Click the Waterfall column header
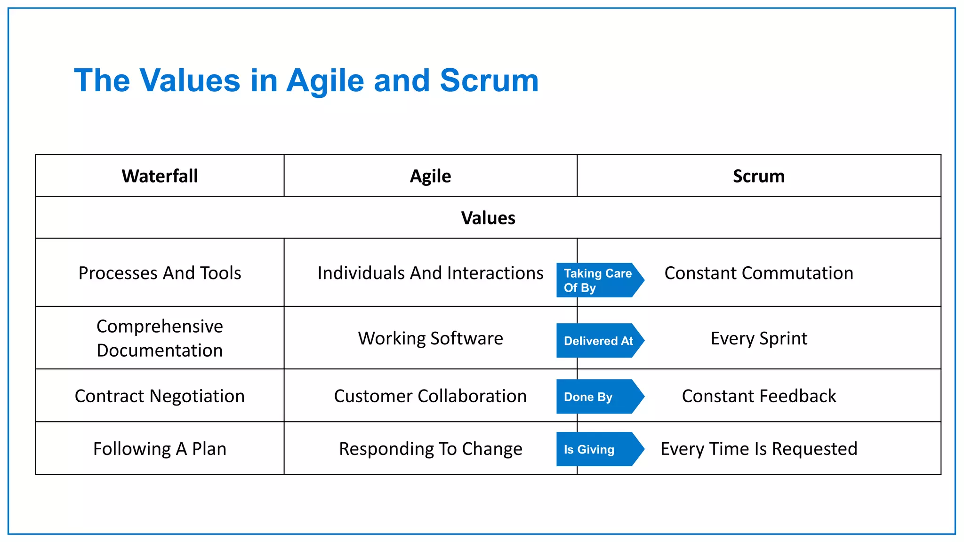[x=160, y=176]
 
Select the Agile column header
[x=430, y=176]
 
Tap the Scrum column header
[x=758, y=176]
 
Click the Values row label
[x=488, y=218]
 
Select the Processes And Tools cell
[x=160, y=273]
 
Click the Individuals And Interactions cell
[x=430, y=273]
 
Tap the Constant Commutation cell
[x=758, y=273]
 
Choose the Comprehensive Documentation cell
[x=160, y=338]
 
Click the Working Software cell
[x=430, y=338]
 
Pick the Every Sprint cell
[x=758, y=338]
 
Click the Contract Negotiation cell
[x=160, y=396]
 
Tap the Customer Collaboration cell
[x=430, y=396]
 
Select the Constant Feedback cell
[x=758, y=396]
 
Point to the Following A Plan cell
[x=160, y=449]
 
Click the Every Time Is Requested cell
[x=758, y=449]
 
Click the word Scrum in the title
[x=489, y=80]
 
